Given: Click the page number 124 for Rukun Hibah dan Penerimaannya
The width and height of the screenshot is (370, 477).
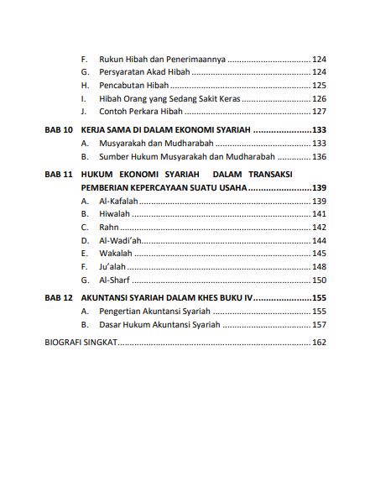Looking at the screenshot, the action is tap(318, 60).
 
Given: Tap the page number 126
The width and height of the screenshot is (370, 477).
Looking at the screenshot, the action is tap(318, 98).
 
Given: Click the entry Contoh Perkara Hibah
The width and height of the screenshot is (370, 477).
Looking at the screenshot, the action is tap(141, 112).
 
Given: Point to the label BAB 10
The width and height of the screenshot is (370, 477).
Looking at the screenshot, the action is tap(57, 131).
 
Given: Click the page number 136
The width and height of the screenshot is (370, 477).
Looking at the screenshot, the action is tap(318, 157).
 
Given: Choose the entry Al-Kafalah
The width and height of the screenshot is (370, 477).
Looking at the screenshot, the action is tap(118, 202).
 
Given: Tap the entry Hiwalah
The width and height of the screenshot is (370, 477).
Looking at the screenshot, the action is tap(114, 215).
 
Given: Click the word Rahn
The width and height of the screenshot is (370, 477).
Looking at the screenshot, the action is tap(108, 228).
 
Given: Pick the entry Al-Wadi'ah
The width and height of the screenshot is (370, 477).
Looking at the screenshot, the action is tap(118, 240).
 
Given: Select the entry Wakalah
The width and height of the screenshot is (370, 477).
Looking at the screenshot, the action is tap(115, 253).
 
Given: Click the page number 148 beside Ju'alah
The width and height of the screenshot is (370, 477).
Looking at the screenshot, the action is tap(318, 266).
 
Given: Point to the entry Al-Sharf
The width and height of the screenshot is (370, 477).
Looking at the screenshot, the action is tap(113, 280).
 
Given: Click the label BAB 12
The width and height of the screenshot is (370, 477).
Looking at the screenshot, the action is tap(57, 298).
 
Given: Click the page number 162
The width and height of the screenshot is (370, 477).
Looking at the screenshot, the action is tap(318, 343).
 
